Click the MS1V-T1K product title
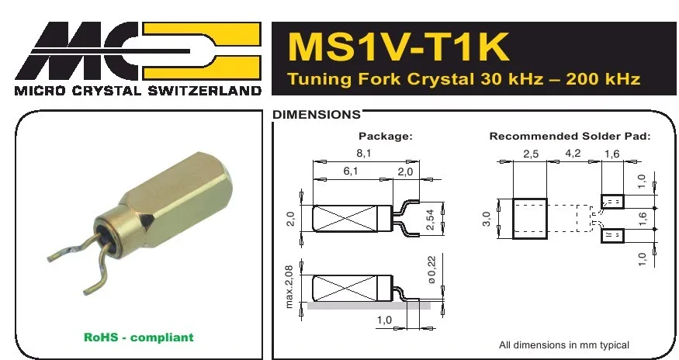pyautogui.click(x=398, y=47)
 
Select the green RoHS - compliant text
pyautogui.click(x=138, y=337)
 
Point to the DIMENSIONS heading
pyautogui.click(x=316, y=115)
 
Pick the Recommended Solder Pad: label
pyautogui.click(x=569, y=136)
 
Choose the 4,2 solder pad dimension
pyautogui.click(x=573, y=154)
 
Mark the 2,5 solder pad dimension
pyautogui.click(x=531, y=154)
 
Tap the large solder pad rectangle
pyautogui.click(x=530, y=218)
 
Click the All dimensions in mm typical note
pyautogui.click(x=563, y=344)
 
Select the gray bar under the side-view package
pyautogui.click(x=369, y=306)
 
